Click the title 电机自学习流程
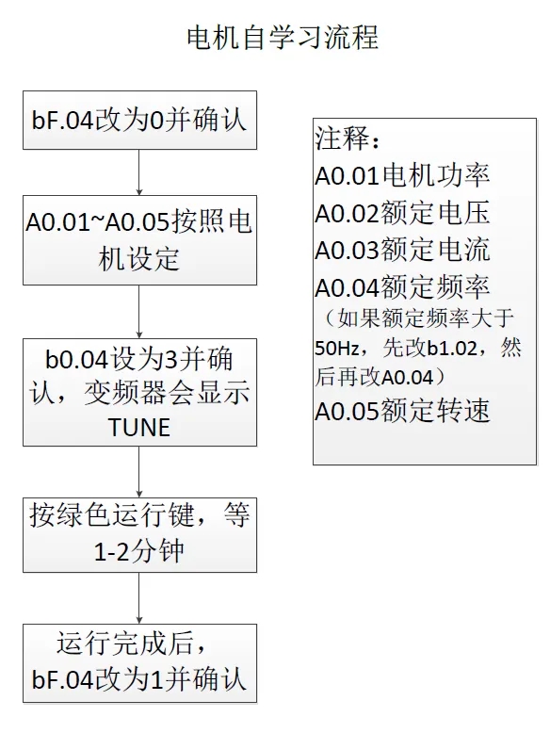click(x=283, y=38)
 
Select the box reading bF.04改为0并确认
click(x=139, y=121)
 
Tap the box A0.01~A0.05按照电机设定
click(x=139, y=240)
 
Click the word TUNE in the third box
click(x=139, y=428)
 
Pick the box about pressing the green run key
click(x=139, y=535)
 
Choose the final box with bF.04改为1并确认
click(x=139, y=663)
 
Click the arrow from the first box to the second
click(x=139, y=172)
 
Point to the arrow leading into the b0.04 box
click(x=139, y=311)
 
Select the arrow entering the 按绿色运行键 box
click(x=139, y=472)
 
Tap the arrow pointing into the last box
click(x=139, y=598)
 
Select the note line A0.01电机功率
click(x=402, y=176)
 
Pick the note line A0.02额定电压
click(x=402, y=213)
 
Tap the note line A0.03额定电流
click(x=402, y=250)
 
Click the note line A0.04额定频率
click(x=402, y=287)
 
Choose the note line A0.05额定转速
click(x=402, y=412)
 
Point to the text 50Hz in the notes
click(x=336, y=349)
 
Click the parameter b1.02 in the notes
click(x=452, y=349)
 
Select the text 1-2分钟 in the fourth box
click(x=138, y=552)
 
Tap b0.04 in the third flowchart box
click(x=76, y=359)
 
